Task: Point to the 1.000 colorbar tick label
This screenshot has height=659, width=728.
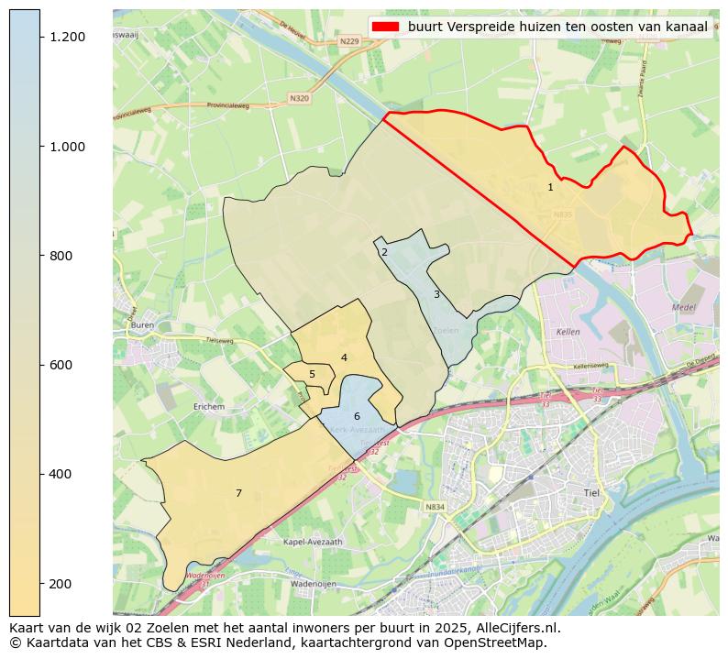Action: pos(67,147)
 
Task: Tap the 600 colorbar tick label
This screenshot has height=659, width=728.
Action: pos(61,365)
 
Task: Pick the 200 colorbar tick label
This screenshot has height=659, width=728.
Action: pos(61,584)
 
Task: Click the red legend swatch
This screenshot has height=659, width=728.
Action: pos(386,27)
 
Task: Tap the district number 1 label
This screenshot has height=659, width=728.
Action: pos(550,187)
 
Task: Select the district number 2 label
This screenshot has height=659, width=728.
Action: pos(384,252)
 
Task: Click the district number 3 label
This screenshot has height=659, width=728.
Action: pos(436,294)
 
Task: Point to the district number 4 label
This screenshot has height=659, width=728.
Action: pos(344,357)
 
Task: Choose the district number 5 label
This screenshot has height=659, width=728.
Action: pos(312,374)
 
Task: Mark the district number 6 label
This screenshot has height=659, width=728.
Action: pos(357,416)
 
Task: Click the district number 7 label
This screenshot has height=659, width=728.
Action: pos(238,493)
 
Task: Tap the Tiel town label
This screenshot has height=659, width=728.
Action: pos(590,492)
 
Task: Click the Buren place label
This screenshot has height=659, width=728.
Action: pos(142,325)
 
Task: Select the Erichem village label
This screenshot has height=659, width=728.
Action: pos(209,406)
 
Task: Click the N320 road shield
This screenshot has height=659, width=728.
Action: pos(299,98)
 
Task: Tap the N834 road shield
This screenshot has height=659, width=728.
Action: pos(435,507)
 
